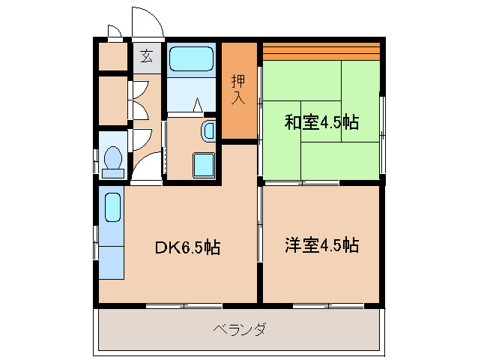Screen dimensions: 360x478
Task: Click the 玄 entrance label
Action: click(146, 56)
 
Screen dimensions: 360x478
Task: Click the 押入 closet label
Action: click(238, 89)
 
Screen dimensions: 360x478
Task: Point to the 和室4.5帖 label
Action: click(321, 122)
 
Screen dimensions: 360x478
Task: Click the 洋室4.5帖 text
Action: click(321, 244)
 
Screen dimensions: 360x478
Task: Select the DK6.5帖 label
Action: click(187, 247)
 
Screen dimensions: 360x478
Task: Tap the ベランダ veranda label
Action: click(240, 330)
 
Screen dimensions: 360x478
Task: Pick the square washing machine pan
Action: click(202, 164)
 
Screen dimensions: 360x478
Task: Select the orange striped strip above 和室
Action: click(321, 51)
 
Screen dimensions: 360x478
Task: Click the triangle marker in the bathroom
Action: click(198, 105)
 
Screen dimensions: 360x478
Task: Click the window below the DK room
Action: click(184, 305)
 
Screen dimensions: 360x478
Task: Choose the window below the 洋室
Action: click(328, 305)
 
